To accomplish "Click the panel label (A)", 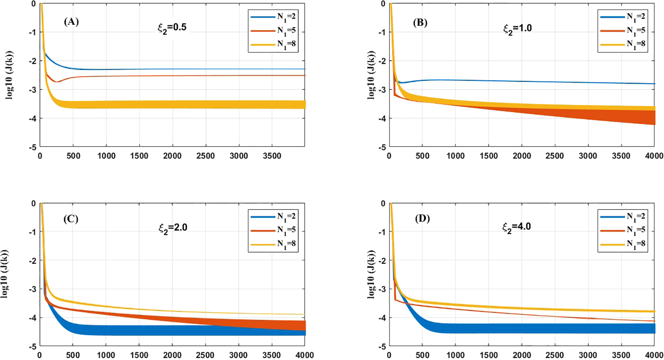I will [x=71, y=22].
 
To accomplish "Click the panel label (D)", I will [x=422, y=219].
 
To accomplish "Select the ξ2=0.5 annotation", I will [x=172, y=28].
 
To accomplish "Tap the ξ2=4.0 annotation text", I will [x=517, y=227].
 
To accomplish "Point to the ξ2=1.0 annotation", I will [x=517, y=29].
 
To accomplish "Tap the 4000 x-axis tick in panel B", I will [x=654, y=156].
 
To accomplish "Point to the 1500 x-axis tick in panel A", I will [x=139, y=156].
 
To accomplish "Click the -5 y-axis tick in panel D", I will [x=383, y=346].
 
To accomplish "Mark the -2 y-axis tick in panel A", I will [x=33, y=61].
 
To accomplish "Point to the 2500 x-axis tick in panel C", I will [x=205, y=355].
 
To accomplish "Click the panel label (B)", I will [x=420, y=22].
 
